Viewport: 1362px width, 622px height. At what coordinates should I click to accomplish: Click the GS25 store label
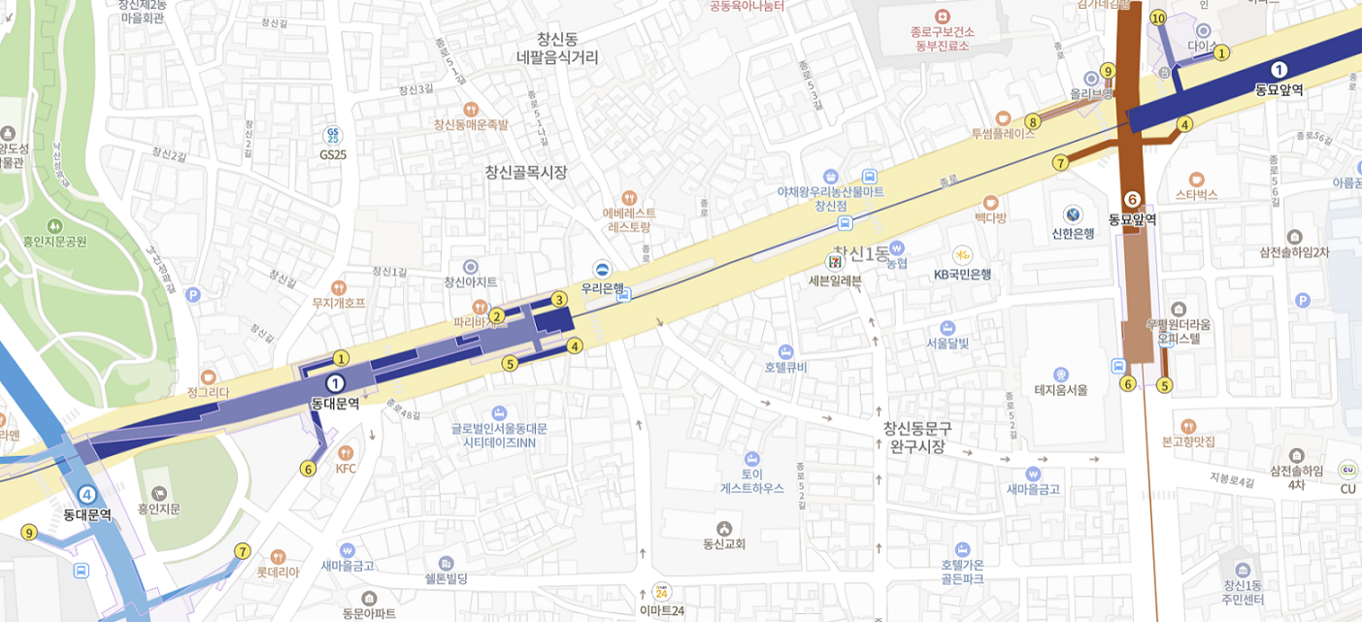[332, 153]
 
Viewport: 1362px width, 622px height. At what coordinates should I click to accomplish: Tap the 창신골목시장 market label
[525, 173]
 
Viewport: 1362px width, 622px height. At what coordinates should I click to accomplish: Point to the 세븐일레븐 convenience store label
[835, 280]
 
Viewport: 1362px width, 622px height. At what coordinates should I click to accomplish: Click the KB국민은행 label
[962, 274]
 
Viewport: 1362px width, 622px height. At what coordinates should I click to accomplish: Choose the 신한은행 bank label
[1073, 233]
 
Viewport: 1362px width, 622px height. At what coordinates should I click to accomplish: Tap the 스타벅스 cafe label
[1196, 194]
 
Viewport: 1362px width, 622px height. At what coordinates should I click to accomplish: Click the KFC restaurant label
[346, 468]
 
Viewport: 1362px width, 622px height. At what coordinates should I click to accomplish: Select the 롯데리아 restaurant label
[278, 572]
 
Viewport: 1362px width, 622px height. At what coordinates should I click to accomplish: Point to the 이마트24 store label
[661, 610]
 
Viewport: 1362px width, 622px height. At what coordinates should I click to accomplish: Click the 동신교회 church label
[724, 543]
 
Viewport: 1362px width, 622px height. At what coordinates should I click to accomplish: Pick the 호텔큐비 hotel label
[785, 367]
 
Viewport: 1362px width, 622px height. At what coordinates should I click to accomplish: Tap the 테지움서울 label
[1060, 389]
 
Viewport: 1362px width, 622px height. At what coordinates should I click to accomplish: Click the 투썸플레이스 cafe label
[1003, 133]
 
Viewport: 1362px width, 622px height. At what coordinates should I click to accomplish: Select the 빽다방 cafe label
[990, 217]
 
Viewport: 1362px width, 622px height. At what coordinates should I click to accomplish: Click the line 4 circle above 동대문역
[87, 495]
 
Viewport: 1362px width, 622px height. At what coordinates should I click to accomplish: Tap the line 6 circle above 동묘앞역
[1132, 200]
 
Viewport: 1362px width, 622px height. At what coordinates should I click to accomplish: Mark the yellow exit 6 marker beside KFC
[309, 469]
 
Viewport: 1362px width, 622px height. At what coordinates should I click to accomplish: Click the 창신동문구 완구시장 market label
[917, 437]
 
